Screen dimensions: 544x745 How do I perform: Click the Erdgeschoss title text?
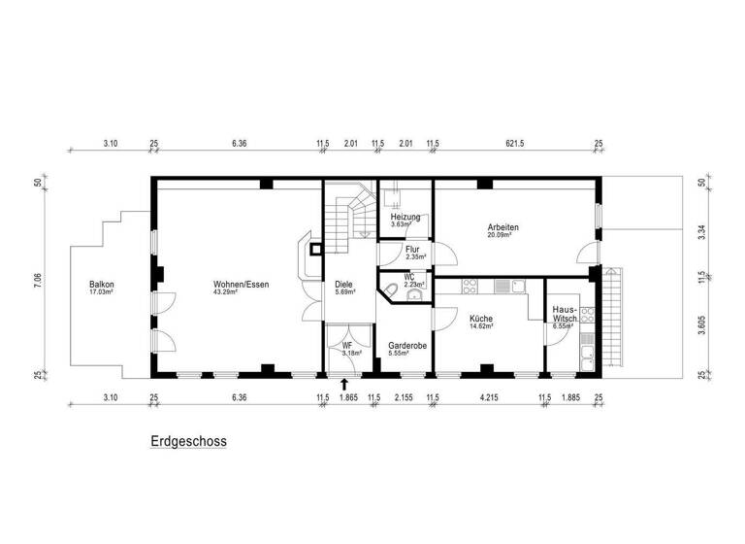point(188,440)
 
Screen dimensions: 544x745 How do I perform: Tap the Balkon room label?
point(102,284)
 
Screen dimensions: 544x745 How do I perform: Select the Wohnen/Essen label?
point(241,284)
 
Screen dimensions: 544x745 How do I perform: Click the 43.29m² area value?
point(241,291)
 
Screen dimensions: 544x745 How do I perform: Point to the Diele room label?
point(343,284)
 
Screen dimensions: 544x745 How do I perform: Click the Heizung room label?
point(405,217)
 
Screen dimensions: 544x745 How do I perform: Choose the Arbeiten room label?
point(502,227)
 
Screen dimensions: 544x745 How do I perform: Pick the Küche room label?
point(480,319)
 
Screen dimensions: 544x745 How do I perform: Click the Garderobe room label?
point(407,345)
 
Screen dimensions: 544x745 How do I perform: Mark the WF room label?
point(346,345)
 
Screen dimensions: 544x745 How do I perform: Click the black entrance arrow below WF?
point(343,385)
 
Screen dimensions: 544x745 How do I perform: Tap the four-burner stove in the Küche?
point(470,287)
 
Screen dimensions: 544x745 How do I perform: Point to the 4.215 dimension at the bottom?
point(489,396)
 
